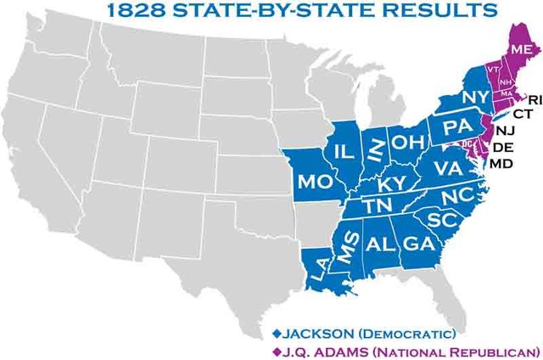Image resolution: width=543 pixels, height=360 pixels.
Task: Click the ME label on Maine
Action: click(x=521, y=50)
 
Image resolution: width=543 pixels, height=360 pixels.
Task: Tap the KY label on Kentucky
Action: click(x=392, y=184)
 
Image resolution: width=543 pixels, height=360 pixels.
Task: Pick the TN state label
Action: click(x=375, y=205)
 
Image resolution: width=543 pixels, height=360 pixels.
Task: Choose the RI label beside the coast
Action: click(x=534, y=99)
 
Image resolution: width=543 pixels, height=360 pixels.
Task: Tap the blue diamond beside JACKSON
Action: click(x=276, y=332)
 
